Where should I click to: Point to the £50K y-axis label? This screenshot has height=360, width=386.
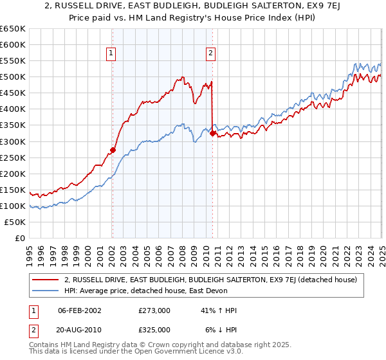coord(15,222)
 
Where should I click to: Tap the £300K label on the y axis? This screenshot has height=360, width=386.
coord(13,141)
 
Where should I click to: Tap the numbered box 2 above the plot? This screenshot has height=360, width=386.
coord(210,53)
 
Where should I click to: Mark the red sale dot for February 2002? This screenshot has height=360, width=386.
coord(113,150)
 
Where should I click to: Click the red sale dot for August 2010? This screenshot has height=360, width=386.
coord(213,133)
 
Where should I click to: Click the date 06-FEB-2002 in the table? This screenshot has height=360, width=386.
coord(80,310)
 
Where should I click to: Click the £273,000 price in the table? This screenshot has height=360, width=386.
coord(154,310)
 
